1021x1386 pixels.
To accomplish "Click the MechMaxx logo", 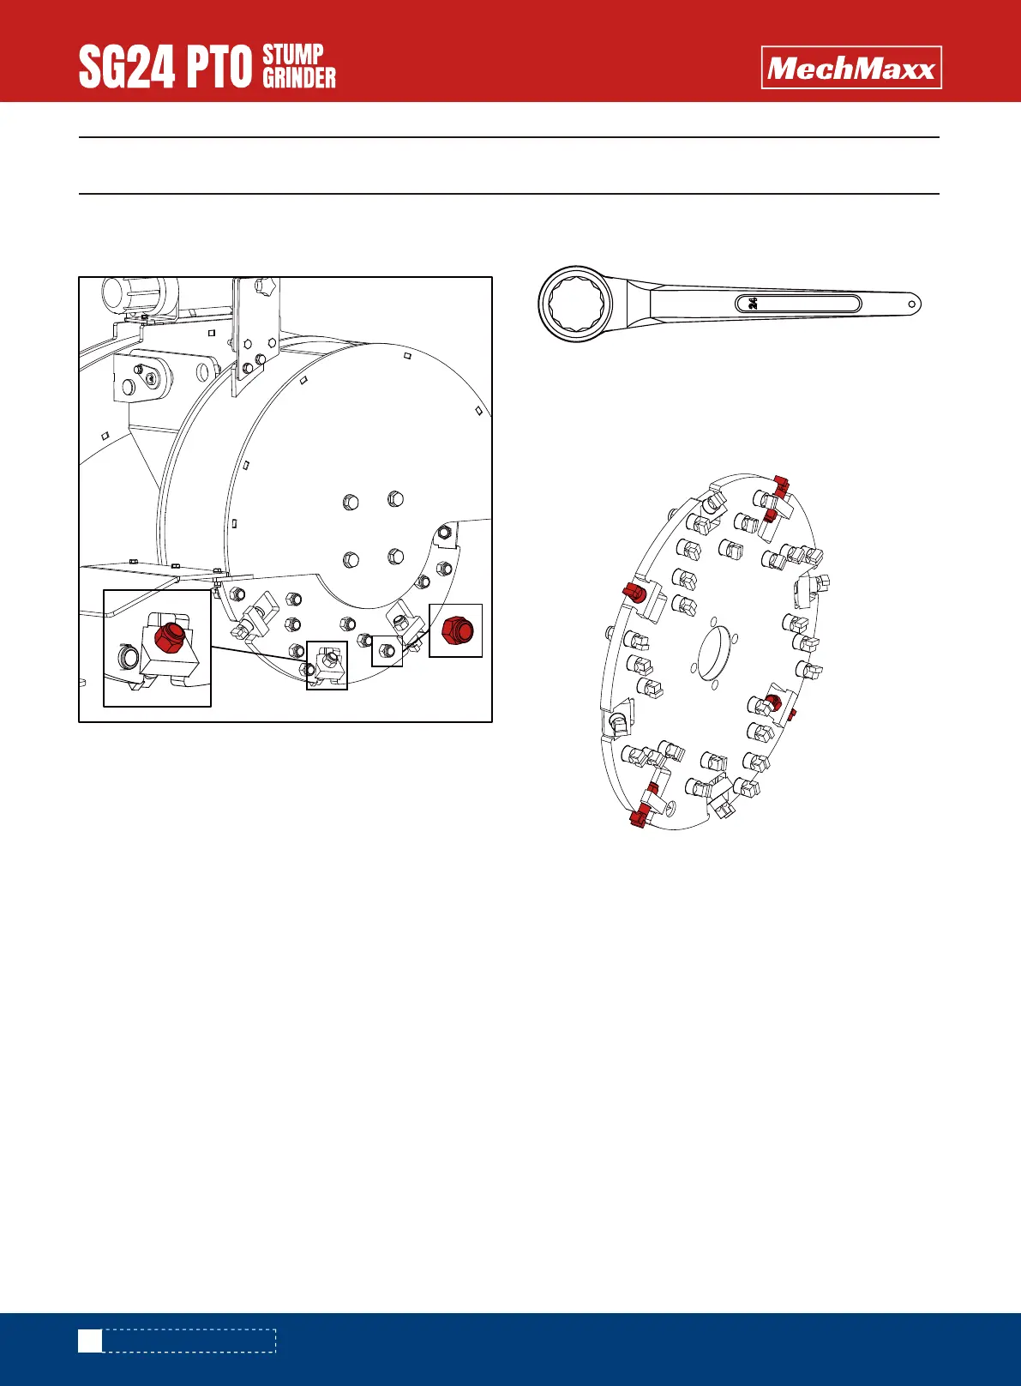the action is pyautogui.click(x=851, y=68).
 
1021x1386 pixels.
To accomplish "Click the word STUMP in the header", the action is pyautogui.click(x=293, y=55).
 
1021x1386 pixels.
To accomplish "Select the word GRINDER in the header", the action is pyautogui.click(x=299, y=78).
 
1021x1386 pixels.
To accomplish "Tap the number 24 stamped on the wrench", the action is pyautogui.click(x=753, y=303).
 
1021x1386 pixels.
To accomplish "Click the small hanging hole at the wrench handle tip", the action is pyautogui.click(x=913, y=303).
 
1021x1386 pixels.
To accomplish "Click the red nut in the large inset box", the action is pyautogui.click(x=168, y=638).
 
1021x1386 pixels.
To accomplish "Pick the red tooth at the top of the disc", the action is pyautogui.click(x=781, y=485).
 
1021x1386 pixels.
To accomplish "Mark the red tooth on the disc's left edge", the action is pyautogui.click(x=634, y=592).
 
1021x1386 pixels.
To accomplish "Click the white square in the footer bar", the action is pyautogui.click(x=90, y=1341).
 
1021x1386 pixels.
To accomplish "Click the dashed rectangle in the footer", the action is pyautogui.click(x=189, y=1341).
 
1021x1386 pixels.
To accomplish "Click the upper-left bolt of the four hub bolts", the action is pyautogui.click(x=350, y=502).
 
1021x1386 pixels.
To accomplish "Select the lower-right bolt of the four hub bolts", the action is pyautogui.click(x=394, y=557).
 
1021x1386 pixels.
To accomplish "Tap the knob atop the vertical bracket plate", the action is pyautogui.click(x=262, y=286).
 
